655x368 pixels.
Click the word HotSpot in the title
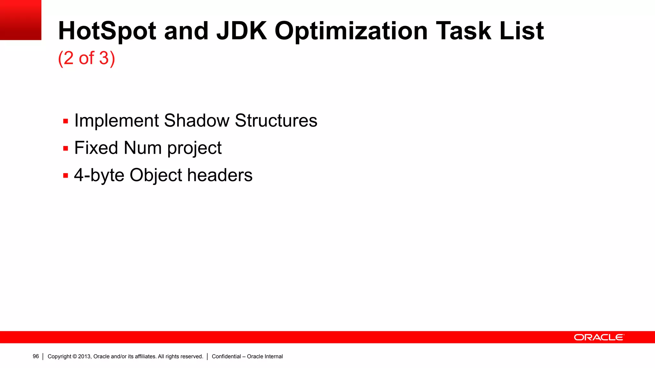point(107,31)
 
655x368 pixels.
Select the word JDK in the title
point(241,31)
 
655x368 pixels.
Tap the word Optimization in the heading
point(351,31)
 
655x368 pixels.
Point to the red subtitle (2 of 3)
point(86,58)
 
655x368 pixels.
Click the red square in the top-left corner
point(20,20)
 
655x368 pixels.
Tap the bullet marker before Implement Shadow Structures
point(66,121)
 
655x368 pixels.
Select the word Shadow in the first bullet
point(196,121)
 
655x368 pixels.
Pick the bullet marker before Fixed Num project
point(66,149)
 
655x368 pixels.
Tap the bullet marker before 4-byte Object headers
point(66,176)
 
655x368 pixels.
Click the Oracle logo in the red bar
point(599,337)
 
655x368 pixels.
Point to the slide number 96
point(36,356)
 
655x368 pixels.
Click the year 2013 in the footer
point(84,356)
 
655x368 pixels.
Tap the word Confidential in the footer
point(226,356)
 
